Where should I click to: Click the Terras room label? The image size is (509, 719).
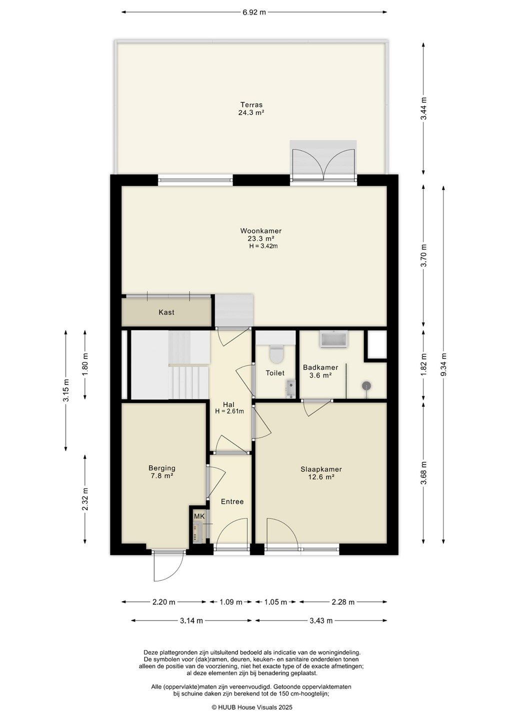[x=251, y=105]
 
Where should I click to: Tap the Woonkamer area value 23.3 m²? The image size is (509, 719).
[x=260, y=239]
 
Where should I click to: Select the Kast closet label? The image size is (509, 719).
[x=166, y=312]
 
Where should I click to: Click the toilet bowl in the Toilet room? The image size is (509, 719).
[x=276, y=353]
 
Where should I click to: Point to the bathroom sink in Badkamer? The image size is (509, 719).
[x=333, y=340]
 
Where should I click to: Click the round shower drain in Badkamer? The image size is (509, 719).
[x=366, y=385]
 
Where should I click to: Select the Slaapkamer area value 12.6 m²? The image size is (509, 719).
[x=321, y=477]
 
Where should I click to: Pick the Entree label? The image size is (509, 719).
[x=232, y=501]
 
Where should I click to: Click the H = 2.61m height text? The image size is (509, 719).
[x=229, y=411]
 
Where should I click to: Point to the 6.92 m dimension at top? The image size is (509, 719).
[x=254, y=12]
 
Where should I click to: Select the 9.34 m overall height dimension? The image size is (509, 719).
[x=444, y=365]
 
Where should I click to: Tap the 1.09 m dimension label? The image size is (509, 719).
[x=230, y=602]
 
